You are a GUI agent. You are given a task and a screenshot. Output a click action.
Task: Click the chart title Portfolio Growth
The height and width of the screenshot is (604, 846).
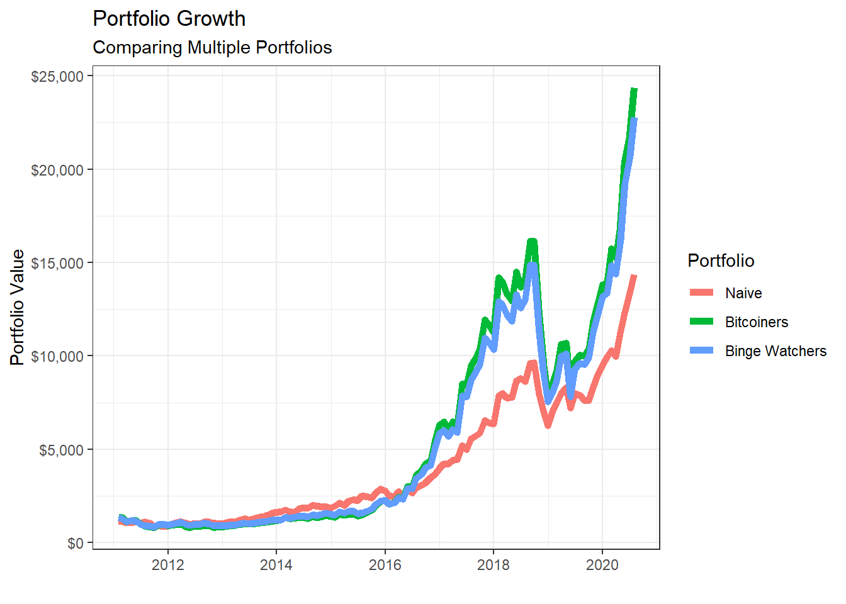pos(169,19)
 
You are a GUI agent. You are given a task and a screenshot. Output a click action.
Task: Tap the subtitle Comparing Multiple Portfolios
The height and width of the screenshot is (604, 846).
pos(212,48)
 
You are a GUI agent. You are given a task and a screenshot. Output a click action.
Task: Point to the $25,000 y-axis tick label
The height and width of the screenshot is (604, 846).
pos(57,76)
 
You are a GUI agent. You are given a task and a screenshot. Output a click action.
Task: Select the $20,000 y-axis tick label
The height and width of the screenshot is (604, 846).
pos(57,170)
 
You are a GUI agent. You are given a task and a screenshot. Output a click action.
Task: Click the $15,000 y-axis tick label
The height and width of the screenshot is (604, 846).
pos(57,263)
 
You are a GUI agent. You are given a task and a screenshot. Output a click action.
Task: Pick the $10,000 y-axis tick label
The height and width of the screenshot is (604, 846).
pos(57,357)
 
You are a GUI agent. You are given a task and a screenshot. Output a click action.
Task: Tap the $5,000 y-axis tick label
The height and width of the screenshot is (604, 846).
pos(60,450)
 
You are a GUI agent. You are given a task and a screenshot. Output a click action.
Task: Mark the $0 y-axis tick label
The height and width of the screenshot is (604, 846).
pos(76,543)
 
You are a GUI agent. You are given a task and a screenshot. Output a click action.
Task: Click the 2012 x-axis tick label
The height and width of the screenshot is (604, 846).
pos(168,564)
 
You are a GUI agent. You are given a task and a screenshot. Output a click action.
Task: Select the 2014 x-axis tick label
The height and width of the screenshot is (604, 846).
pos(276,564)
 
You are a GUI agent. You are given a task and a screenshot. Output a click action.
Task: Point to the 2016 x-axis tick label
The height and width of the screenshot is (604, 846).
pos(385,564)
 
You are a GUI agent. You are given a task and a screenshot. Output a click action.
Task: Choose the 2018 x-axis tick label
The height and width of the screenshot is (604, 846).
pos(493,564)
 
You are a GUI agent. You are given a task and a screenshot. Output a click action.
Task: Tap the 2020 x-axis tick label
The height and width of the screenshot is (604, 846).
pos(602,564)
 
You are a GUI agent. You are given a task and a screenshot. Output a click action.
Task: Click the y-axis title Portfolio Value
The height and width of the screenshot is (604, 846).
pos(18,307)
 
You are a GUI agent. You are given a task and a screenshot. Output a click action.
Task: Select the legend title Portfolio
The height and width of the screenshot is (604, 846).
pos(721,260)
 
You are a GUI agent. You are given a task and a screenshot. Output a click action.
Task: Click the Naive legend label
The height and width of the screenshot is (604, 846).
pos(743,293)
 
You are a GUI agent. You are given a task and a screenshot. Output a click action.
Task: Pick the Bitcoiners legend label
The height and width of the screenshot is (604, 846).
pos(756,322)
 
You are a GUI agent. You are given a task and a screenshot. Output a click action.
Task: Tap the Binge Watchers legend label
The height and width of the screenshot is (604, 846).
pos(775,351)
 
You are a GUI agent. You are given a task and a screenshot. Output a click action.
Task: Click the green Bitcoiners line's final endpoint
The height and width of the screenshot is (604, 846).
pos(634,90)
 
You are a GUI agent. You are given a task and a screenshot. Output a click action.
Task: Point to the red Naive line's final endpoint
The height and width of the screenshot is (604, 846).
pos(634,276)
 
